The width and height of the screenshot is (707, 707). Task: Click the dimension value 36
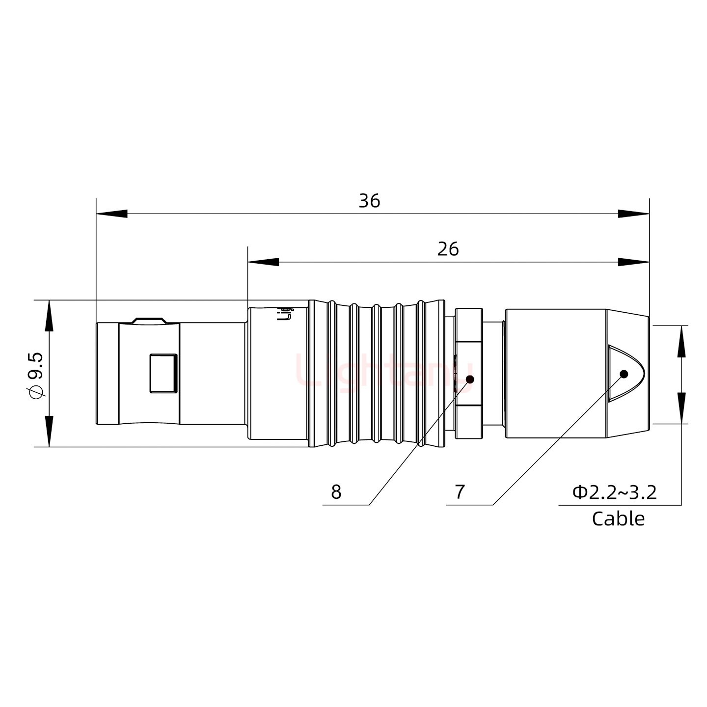pyautogui.click(x=369, y=201)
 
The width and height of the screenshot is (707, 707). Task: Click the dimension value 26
pyautogui.click(x=448, y=249)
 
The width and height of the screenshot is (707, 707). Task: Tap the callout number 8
pyautogui.click(x=336, y=491)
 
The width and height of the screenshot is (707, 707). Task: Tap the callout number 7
pyautogui.click(x=460, y=491)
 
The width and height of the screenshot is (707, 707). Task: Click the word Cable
pyautogui.click(x=618, y=518)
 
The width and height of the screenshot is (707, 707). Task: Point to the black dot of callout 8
pyautogui.click(x=469, y=379)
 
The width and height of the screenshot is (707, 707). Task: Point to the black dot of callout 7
pyautogui.click(x=624, y=374)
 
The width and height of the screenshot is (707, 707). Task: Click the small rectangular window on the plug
pyautogui.click(x=163, y=374)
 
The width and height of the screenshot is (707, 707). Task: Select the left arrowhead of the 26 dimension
pyautogui.click(x=263, y=262)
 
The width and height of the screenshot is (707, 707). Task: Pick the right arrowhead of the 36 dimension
pyautogui.click(x=633, y=214)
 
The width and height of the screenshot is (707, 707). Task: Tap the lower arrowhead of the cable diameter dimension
pyautogui.click(x=681, y=408)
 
